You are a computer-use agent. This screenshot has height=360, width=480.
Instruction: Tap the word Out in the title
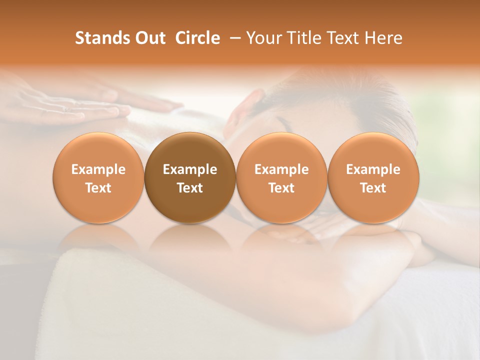[x=149, y=38]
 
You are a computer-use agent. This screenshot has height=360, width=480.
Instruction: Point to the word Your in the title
[x=263, y=38]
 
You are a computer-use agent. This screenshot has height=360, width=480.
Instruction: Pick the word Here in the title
[x=383, y=38]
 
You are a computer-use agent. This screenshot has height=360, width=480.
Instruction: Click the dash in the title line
[x=233, y=38]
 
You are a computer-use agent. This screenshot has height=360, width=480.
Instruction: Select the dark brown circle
[x=190, y=177]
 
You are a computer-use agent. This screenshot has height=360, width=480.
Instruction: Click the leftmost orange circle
[x=98, y=177]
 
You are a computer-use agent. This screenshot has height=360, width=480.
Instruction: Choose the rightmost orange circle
[x=373, y=177]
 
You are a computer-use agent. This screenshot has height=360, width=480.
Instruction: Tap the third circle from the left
[x=281, y=177]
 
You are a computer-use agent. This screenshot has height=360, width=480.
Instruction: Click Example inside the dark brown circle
[x=190, y=169]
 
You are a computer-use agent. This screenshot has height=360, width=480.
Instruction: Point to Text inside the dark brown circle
[x=190, y=188]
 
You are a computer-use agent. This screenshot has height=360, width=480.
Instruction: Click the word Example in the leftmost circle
[x=98, y=169]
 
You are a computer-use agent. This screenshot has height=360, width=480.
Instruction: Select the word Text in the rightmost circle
[x=373, y=188]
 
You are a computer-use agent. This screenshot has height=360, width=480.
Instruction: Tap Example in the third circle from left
[x=281, y=169]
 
